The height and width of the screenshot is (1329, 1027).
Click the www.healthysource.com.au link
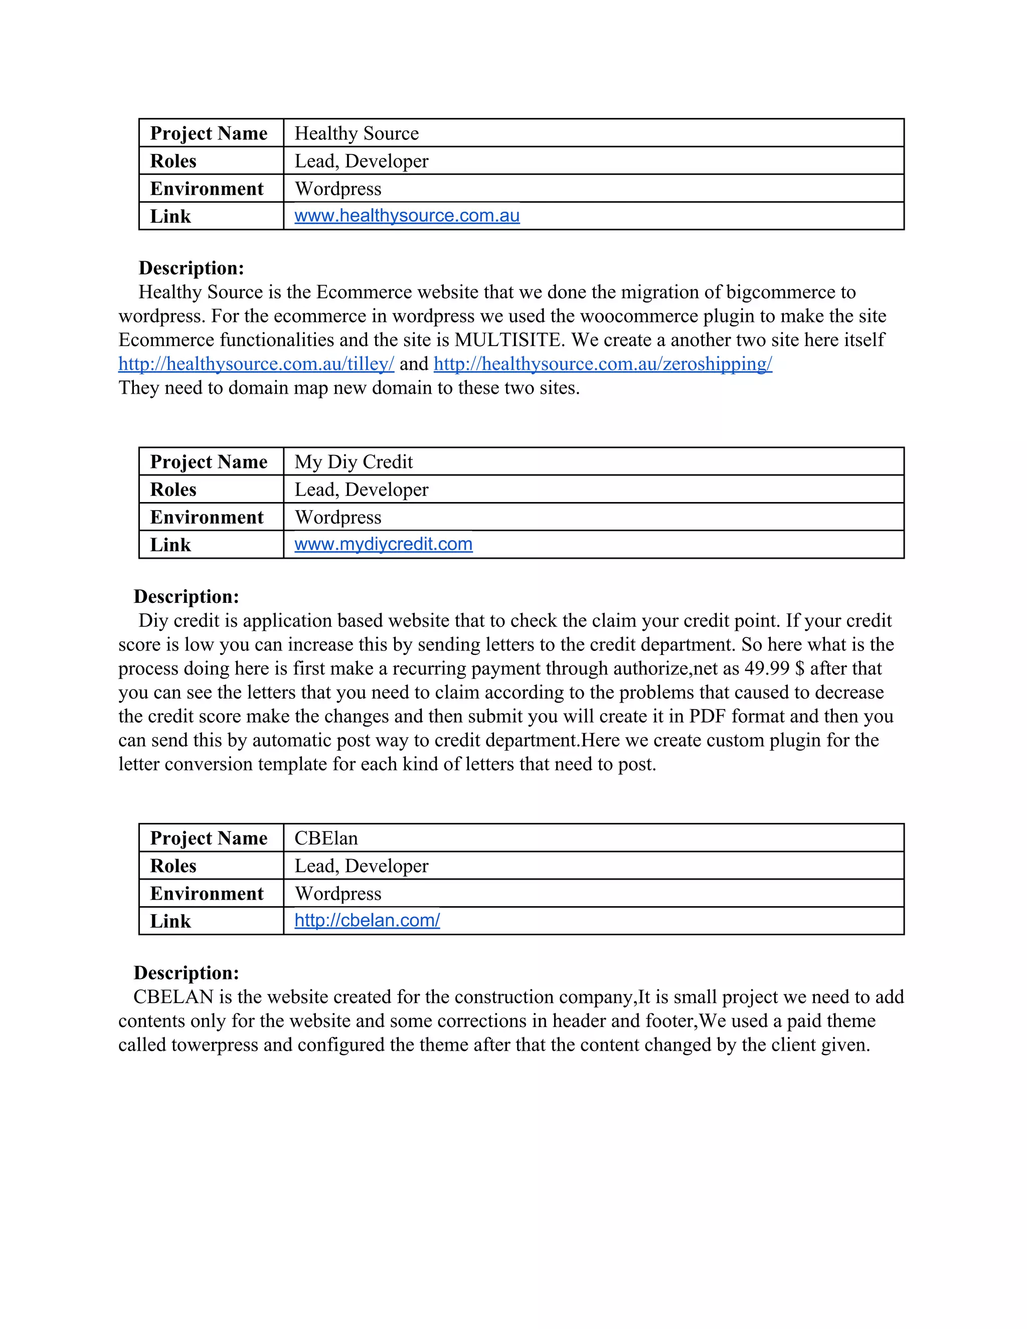tap(407, 216)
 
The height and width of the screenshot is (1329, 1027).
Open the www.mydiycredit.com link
tap(383, 544)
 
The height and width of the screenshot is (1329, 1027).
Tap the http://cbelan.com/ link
tap(367, 920)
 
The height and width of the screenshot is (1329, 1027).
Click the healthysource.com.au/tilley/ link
tap(256, 364)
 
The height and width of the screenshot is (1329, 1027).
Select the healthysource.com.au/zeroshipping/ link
tap(602, 364)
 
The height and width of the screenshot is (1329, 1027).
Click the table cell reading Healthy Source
tap(357, 133)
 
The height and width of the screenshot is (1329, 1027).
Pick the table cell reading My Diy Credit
tap(354, 462)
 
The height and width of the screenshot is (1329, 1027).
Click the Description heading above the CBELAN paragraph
tap(186, 973)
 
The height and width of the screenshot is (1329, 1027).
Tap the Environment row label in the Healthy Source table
tap(207, 189)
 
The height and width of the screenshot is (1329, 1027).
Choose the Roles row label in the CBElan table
tap(174, 866)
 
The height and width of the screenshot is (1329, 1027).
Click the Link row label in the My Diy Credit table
tap(170, 545)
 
